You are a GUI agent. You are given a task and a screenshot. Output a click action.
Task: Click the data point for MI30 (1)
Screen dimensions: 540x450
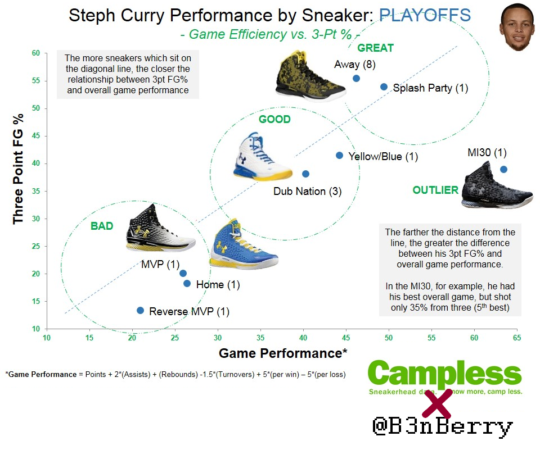[x=503, y=169]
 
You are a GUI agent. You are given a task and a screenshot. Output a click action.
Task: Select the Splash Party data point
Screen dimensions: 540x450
[x=384, y=87]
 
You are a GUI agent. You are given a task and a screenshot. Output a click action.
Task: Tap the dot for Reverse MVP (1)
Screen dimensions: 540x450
[x=140, y=310]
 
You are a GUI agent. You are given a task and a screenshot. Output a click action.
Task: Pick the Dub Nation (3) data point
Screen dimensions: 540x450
[x=305, y=174]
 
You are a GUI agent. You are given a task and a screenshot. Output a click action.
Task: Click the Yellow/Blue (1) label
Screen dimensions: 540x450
[x=383, y=157]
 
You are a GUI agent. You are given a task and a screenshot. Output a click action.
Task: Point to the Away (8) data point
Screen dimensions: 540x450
[x=357, y=79]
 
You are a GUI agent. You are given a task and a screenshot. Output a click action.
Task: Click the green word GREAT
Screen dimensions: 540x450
[x=375, y=48]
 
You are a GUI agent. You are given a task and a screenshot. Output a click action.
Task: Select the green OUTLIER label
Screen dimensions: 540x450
[x=435, y=190]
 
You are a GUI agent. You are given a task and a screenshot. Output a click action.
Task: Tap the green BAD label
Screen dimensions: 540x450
[x=102, y=226]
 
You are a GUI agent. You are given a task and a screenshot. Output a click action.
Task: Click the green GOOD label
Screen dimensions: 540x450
[x=275, y=119]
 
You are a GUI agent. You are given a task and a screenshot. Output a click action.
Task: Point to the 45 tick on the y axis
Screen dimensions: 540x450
[x=36, y=135]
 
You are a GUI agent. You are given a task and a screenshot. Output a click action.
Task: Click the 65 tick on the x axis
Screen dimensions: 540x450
[x=517, y=338]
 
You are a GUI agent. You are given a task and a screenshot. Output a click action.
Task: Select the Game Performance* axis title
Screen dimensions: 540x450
[x=283, y=353]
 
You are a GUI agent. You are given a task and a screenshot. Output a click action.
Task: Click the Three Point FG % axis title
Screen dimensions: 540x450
[x=18, y=169]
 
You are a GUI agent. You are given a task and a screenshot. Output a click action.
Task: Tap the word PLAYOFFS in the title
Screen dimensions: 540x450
[x=425, y=15]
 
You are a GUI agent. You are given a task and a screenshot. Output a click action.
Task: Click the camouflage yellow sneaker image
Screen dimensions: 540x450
[x=310, y=76]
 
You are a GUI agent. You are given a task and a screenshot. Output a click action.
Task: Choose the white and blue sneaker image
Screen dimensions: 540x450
[x=263, y=157]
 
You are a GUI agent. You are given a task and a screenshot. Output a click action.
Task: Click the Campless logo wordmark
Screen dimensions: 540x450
[x=444, y=373]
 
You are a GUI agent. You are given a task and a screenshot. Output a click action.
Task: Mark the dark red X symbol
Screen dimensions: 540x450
[x=437, y=404]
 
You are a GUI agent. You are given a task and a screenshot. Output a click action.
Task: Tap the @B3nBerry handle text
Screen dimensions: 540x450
[x=443, y=426]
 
